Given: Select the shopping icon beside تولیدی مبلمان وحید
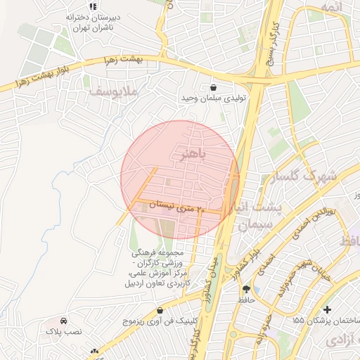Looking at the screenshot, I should pyautogui.click(x=213, y=88).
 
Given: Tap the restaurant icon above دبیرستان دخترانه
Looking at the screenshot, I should pyautogui.click(x=93, y=6).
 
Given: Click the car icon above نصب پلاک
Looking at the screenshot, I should pyautogui.click(x=64, y=320).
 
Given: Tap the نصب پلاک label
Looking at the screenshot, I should pyautogui.click(x=64, y=330).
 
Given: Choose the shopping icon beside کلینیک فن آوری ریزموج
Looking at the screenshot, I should pyautogui.click(x=160, y=310).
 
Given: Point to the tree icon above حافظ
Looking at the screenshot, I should pyautogui.click(x=245, y=289).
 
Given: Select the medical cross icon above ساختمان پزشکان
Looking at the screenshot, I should pyautogui.click(x=326, y=309).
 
